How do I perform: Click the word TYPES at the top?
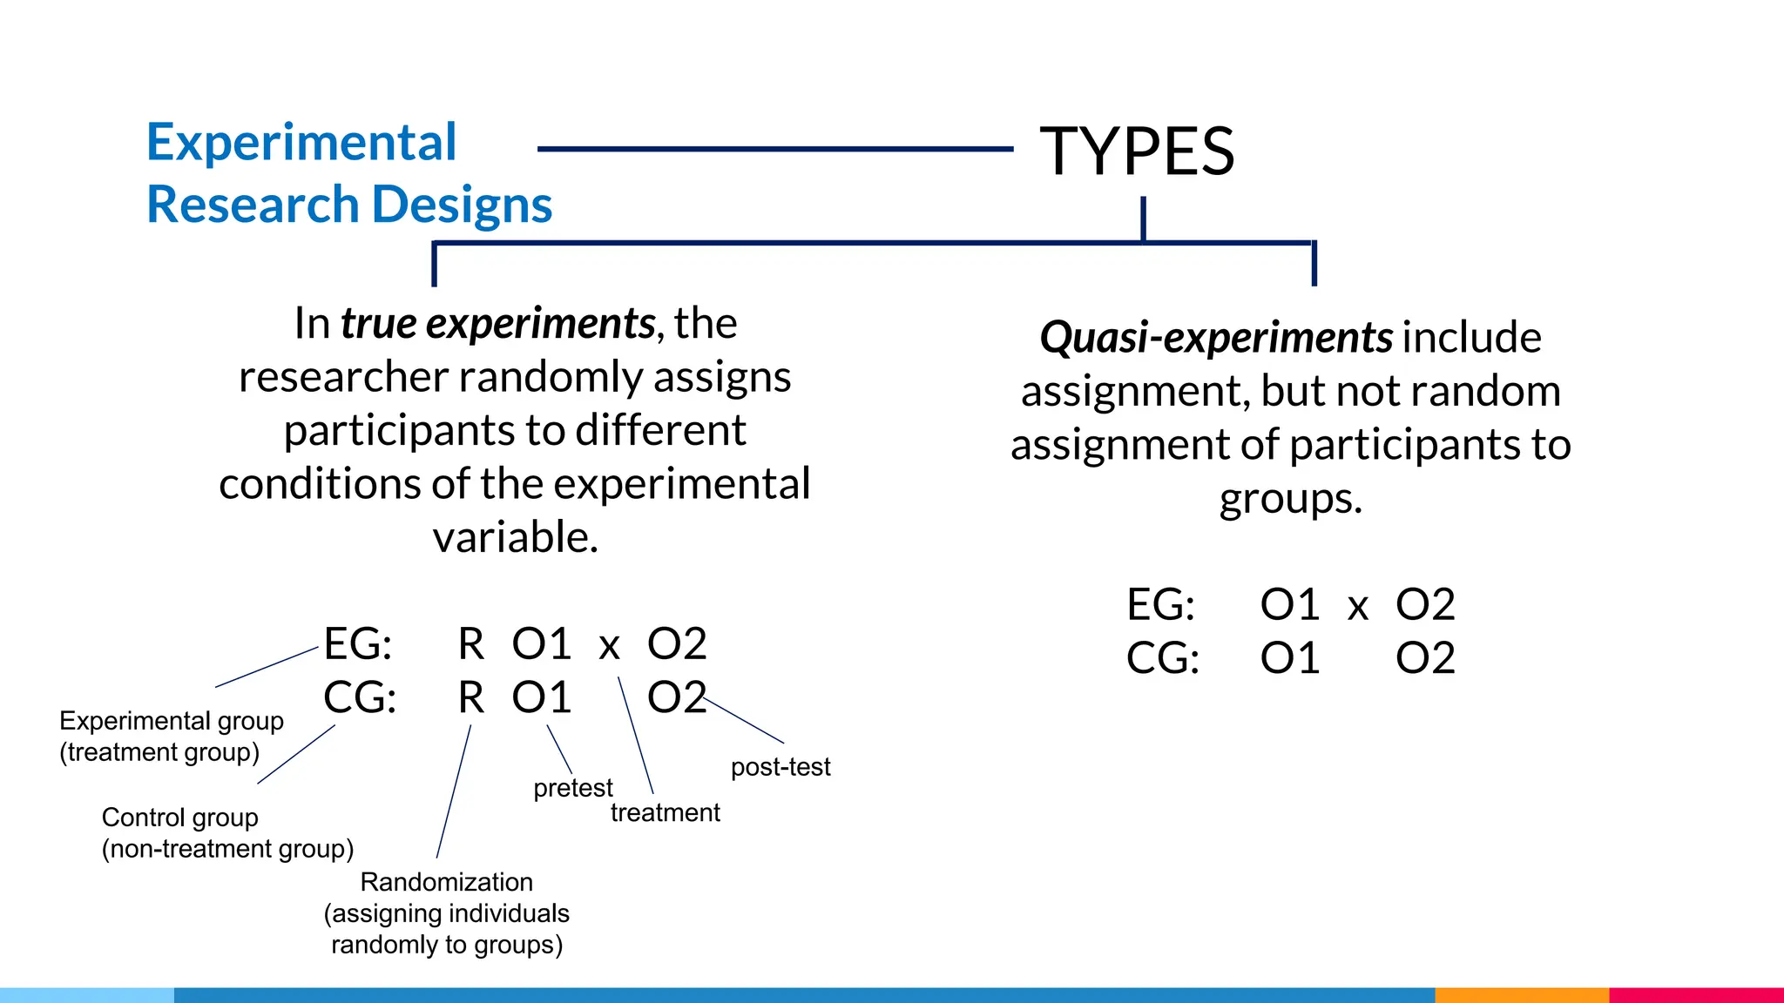pyautogui.click(x=1137, y=151)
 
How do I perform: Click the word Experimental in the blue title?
pyautogui.click(x=301, y=142)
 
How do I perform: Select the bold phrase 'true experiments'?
pyautogui.click(x=497, y=323)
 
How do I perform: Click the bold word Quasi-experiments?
pyautogui.click(x=1216, y=337)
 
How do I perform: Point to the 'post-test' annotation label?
pyautogui.click(x=780, y=767)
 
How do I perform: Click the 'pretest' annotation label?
pyautogui.click(x=572, y=788)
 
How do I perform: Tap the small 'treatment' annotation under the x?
pyautogui.click(x=665, y=812)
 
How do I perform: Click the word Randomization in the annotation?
pyautogui.click(x=446, y=882)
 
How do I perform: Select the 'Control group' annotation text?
pyautogui.click(x=180, y=818)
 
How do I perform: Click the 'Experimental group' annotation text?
pyautogui.click(x=172, y=721)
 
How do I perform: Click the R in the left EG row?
pyautogui.click(x=471, y=644)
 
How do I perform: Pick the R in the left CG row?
pyautogui.click(x=471, y=697)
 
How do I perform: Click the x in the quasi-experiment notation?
pyautogui.click(x=1357, y=607)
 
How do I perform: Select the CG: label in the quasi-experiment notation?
pyautogui.click(x=1162, y=658)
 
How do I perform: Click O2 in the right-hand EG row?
pyautogui.click(x=1425, y=604)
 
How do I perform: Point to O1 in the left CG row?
pyautogui.click(x=541, y=697)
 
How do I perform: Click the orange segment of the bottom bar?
pyautogui.click(x=1521, y=994)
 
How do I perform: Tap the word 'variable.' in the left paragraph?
pyautogui.click(x=516, y=537)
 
